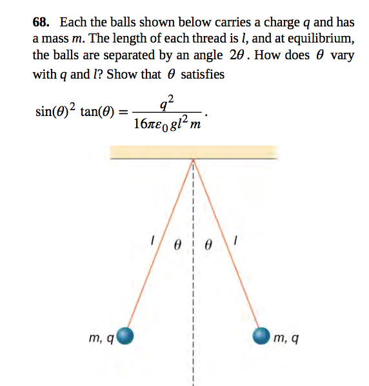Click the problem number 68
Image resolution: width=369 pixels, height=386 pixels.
point(41,23)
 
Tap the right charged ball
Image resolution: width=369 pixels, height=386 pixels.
point(261,336)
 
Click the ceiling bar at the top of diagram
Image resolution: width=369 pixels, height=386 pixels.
point(193,152)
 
